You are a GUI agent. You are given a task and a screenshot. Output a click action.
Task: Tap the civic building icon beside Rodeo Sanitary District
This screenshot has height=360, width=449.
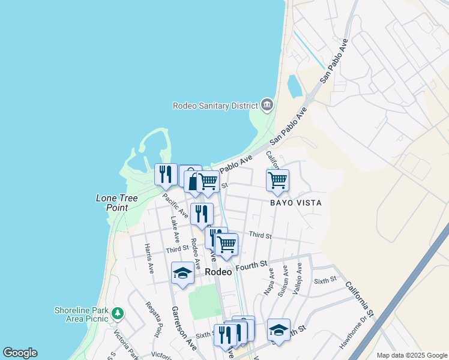click(267, 105)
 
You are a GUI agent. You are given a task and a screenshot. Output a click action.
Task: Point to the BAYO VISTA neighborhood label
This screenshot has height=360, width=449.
click(295, 203)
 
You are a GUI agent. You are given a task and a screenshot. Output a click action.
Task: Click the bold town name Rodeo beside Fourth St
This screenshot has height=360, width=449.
click(218, 271)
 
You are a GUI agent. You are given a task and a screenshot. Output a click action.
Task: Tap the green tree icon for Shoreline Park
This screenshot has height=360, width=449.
click(118, 313)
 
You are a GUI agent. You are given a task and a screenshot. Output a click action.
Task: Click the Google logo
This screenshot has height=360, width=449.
click(20, 353)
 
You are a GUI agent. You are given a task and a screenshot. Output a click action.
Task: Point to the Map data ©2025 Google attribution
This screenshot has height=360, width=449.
click(411, 355)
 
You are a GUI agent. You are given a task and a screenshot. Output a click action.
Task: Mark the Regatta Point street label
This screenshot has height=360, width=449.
click(154, 319)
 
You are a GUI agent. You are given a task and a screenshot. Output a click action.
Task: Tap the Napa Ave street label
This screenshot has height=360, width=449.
click(269, 281)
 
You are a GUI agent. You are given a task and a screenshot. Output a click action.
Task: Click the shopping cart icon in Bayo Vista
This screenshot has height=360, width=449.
click(277, 179)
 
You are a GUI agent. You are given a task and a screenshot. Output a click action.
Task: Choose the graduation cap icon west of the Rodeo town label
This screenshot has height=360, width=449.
click(182, 273)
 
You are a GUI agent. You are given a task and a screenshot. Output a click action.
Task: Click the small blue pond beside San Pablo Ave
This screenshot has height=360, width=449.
click(295, 86)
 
